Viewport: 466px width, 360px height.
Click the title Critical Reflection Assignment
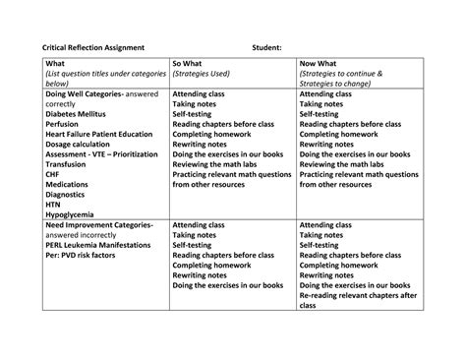[91, 47]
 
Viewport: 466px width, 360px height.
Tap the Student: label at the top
[266, 47]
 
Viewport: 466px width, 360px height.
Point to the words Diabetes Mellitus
[74, 113]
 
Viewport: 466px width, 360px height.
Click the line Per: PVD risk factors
[81, 269]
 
